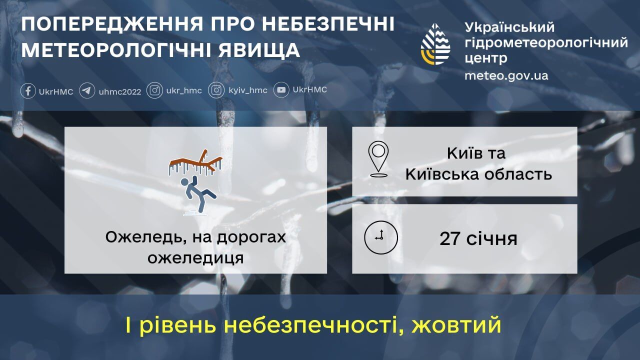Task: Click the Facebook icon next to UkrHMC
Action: click(28, 91)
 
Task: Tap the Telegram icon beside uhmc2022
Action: click(87, 91)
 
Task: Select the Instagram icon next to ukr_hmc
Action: click(155, 90)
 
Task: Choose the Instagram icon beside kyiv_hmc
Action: click(216, 90)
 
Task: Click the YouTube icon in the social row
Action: click(281, 90)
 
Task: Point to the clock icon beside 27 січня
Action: click(381, 237)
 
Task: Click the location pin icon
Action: click(378, 159)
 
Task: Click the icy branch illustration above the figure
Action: click(195, 162)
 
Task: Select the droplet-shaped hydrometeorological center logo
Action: click(435, 44)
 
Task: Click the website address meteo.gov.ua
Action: click(506, 75)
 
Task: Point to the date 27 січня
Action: click(478, 238)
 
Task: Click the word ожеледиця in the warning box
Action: click(196, 258)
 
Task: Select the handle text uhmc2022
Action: click(120, 91)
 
